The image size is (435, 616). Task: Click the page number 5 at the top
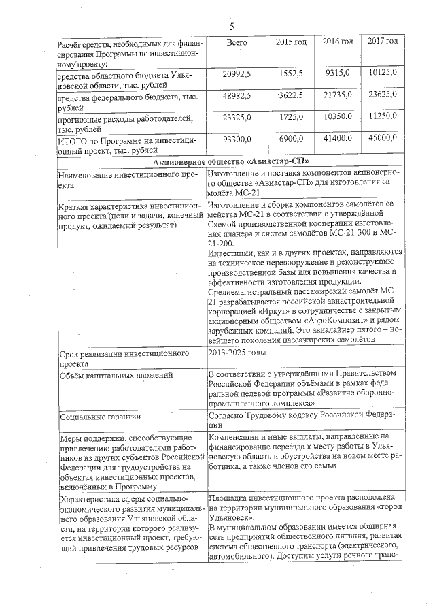(x=232, y=27)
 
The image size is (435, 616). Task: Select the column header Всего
(x=236, y=42)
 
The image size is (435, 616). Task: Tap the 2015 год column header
(x=291, y=42)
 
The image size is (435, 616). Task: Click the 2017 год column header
(x=383, y=42)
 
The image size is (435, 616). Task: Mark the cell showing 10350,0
(x=337, y=117)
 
